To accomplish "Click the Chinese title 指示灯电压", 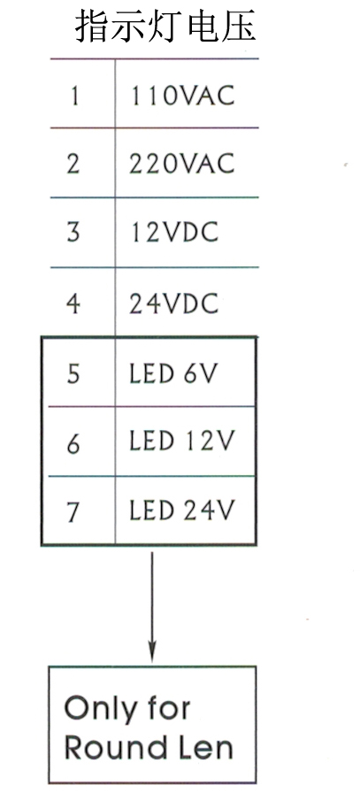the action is tap(166, 27).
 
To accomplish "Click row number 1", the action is tap(74, 96).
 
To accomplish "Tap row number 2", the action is tap(73, 164).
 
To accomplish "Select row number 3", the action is tap(73, 233).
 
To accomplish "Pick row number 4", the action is tap(73, 303).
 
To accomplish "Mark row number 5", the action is tap(73, 373).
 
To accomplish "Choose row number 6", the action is tap(73, 442).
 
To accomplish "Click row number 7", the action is tap(73, 511).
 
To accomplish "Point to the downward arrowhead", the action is tap(152, 650).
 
